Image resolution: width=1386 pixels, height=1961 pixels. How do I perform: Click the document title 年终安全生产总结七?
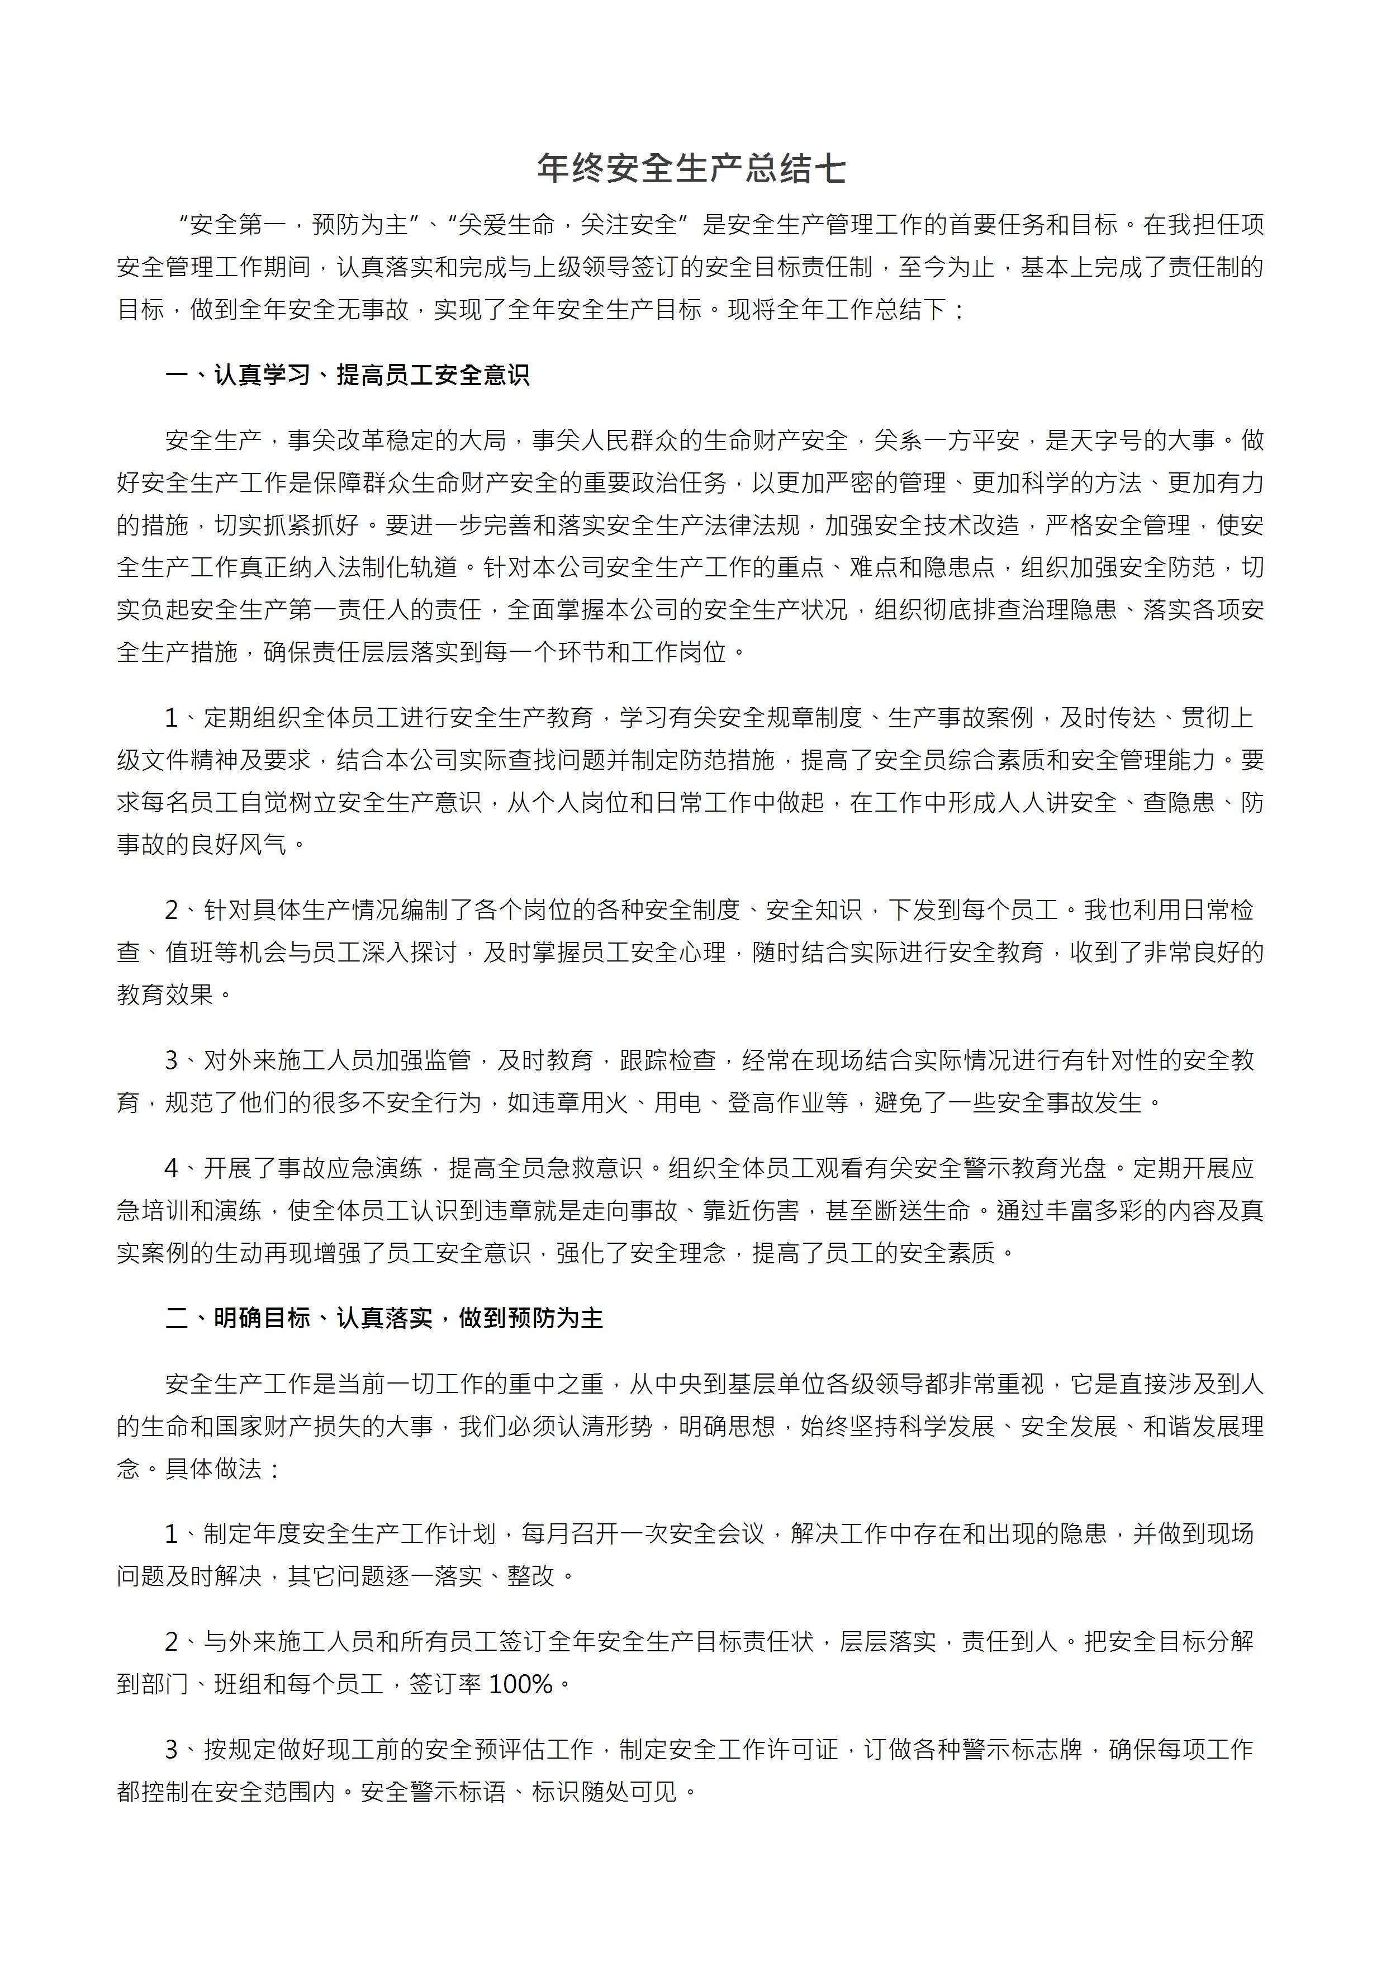(x=692, y=169)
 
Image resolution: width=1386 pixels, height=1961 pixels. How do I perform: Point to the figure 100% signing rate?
(x=522, y=1684)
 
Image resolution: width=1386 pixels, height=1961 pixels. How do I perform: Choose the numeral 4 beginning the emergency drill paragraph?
(x=172, y=1168)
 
